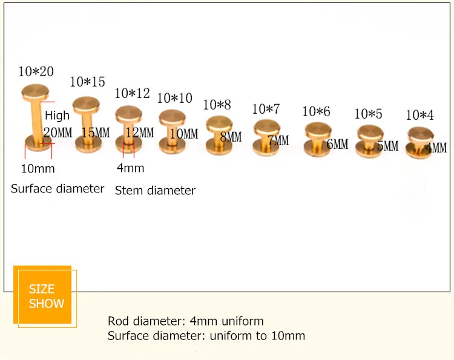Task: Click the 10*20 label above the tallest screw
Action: [36, 71]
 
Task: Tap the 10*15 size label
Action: [88, 82]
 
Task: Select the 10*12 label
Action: [132, 94]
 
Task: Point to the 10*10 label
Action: [175, 97]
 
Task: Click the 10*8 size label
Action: [217, 105]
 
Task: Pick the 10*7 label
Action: [266, 110]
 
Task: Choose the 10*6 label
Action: [316, 111]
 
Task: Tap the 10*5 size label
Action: [369, 113]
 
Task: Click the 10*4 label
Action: [419, 115]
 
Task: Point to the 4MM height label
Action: [436, 148]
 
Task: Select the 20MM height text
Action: [58, 132]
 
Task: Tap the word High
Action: [58, 116]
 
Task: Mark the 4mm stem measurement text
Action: [130, 168]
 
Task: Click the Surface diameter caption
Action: [58, 189]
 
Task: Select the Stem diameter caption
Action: [155, 191]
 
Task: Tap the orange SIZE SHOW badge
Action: [46, 296]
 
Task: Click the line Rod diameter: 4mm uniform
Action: [186, 321]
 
